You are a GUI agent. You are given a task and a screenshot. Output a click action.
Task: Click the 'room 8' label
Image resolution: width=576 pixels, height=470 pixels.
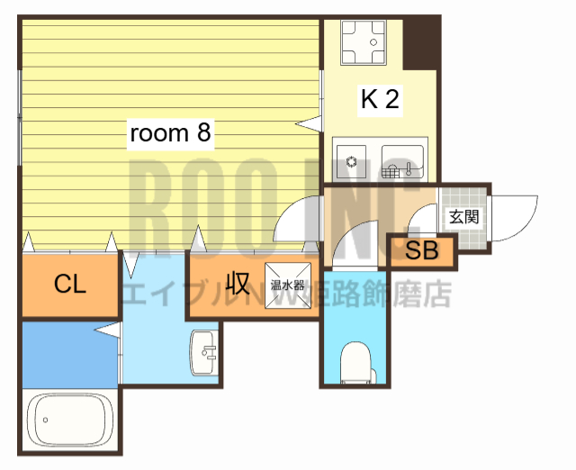170,133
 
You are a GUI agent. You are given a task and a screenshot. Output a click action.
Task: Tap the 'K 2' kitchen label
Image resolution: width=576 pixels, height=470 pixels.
380,99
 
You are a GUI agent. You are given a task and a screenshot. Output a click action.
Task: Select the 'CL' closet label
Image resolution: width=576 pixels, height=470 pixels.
69,285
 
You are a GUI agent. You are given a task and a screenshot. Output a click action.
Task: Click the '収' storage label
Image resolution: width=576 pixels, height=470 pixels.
238,284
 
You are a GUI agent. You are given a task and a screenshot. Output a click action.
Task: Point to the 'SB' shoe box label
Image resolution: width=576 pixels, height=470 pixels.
421,251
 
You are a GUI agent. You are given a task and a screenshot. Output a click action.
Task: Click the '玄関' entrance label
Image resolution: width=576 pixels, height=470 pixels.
463,216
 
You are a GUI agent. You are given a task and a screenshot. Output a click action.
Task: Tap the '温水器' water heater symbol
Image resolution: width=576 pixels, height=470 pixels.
289,285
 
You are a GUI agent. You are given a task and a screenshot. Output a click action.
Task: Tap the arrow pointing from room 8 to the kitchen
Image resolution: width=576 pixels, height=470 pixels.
310,121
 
